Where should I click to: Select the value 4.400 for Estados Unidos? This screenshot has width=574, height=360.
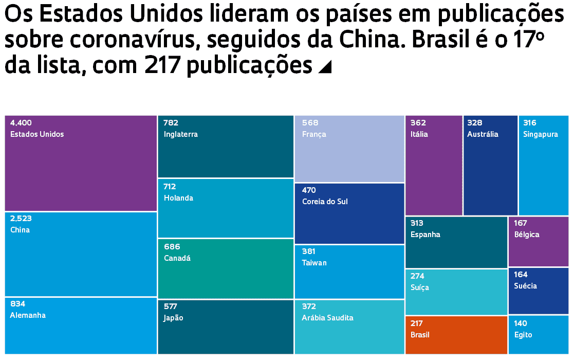point(21,123)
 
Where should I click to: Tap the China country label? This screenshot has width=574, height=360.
point(20,230)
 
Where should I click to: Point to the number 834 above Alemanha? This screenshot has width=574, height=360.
point(17,304)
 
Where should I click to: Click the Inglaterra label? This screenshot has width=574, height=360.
point(181,134)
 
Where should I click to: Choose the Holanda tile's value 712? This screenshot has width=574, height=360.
point(170,187)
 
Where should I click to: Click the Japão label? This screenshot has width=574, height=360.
point(174,318)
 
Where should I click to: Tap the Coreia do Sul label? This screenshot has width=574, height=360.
point(325,202)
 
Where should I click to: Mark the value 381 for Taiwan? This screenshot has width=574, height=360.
point(309,251)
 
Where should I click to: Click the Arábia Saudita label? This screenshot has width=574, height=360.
point(328,318)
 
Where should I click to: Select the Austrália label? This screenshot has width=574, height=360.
point(483,134)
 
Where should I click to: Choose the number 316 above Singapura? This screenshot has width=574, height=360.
point(530,123)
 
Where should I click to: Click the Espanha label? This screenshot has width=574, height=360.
point(425,235)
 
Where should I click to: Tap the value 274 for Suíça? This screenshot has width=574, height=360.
point(417,276)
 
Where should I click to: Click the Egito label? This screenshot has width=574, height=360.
point(523,335)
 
